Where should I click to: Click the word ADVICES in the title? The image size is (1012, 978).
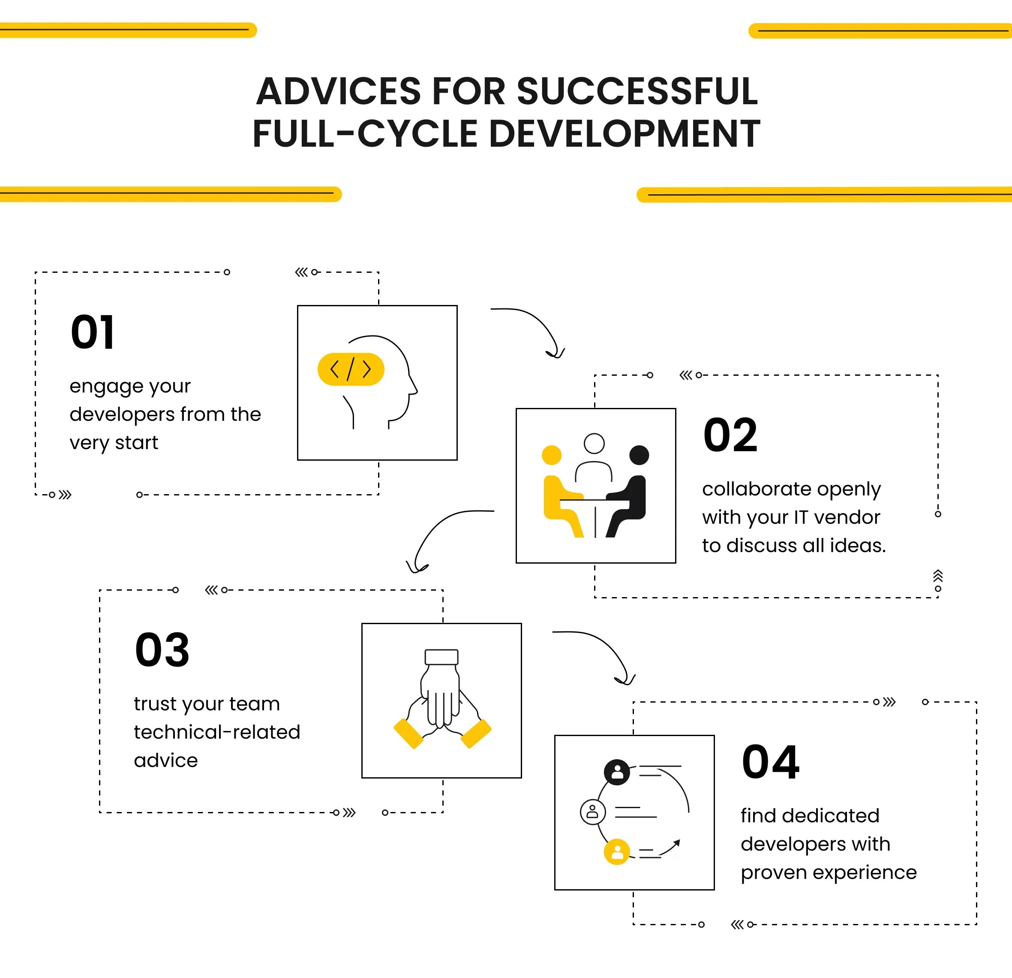[x=338, y=91]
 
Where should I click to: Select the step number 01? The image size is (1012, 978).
[x=93, y=332]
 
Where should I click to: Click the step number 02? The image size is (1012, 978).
[x=730, y=435]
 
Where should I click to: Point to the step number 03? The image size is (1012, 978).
[x=162, y=649]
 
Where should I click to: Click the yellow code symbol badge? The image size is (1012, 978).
[x=351, y=369]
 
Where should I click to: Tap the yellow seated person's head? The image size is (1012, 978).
[x=552, y=455]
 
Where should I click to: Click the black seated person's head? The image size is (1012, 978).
[x=639, y=455]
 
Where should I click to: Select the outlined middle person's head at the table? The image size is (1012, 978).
[x=594, y=443]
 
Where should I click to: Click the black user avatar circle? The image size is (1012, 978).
[x=617, y=772]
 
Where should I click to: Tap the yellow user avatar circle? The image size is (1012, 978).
[x=617, y=851]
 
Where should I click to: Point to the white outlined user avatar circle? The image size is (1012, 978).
[x=593, y=812]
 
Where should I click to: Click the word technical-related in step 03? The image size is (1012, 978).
[x=217, y=732]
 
